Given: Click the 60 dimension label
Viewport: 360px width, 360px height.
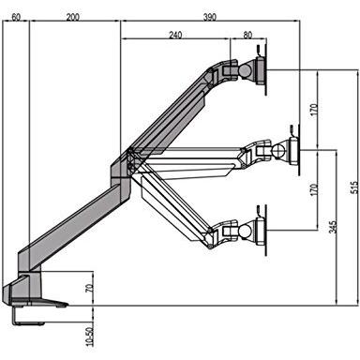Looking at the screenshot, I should pyautogui.click(x=16, y=17).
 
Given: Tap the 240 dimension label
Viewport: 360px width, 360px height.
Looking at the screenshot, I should pyautogui.click(x=176, y=36).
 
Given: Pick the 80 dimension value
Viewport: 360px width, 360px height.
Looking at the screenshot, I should pyautogui.click(x=247, y=36).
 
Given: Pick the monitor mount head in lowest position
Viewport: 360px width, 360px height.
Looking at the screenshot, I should pyautogui.click(x=253, y=231).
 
